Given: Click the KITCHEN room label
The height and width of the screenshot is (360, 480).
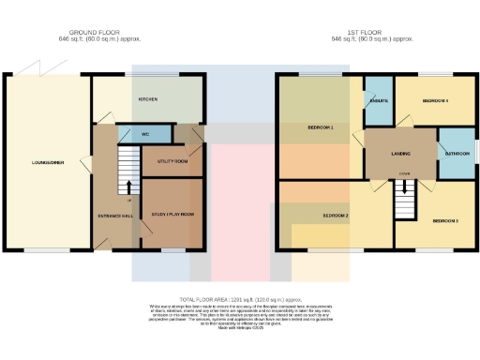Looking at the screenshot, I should (148, 98).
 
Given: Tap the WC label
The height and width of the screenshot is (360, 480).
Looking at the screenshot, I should (145, 134).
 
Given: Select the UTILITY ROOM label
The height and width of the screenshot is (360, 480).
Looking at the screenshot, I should (172, 161).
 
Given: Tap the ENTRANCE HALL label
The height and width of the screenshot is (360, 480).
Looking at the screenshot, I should (115, 215).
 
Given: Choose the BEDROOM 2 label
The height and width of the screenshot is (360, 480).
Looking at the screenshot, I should (336, 215).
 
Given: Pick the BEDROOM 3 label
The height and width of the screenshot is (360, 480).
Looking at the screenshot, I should (444, 221).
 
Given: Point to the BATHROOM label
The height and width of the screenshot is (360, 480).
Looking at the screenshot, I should (457, 153).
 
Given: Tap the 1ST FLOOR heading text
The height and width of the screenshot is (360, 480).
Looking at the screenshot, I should (373, 32).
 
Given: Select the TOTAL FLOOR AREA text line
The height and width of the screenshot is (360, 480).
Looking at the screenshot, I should (240, 297).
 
